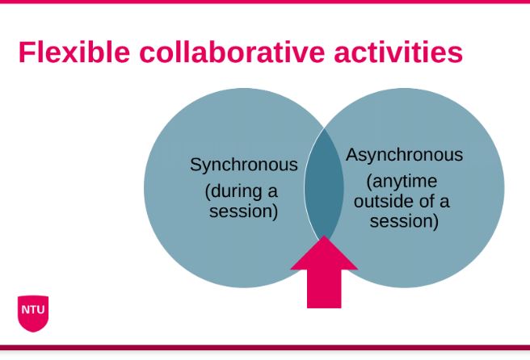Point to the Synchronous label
pyautogui.click(x=244, y=165)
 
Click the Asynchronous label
pyautogui.click(x=405, y=155)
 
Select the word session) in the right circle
pyautogui.click(x=404, y=220)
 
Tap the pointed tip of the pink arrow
pyautogui.click(x=324, y=240)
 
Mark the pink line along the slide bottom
pyautogui.click(x=265, y=348)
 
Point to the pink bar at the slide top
pyautogui.click(x=265, y=2)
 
